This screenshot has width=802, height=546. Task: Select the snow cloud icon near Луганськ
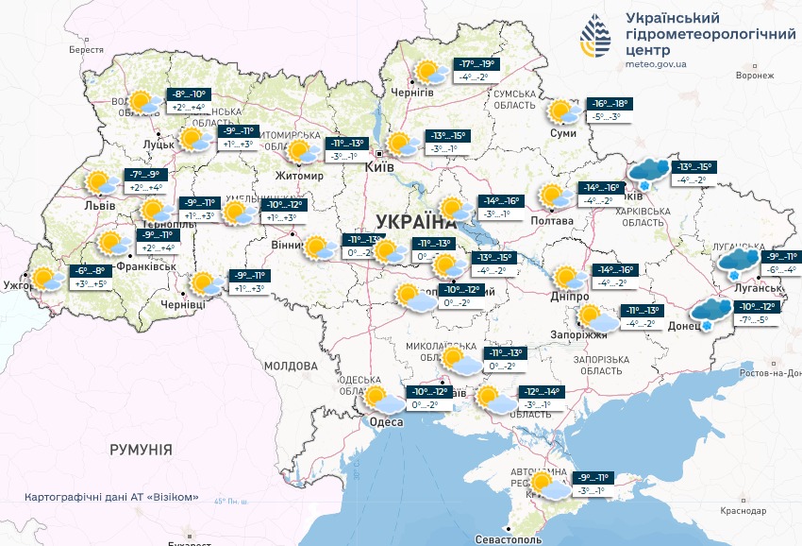(x=739, y=261)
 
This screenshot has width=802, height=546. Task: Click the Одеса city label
(x=386, y=421)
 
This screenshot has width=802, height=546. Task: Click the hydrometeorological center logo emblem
(x=595, y=37)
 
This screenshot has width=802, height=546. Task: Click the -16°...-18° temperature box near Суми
(x=610, y=104)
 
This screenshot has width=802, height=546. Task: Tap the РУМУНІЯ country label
(x=141, y=450)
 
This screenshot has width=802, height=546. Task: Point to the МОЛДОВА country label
(x=291, y=366)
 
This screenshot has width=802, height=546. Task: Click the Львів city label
(x=100, y=205)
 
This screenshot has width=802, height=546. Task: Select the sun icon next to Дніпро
(x=568, y=278)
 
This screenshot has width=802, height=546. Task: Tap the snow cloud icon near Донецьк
(x=710, y=311)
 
